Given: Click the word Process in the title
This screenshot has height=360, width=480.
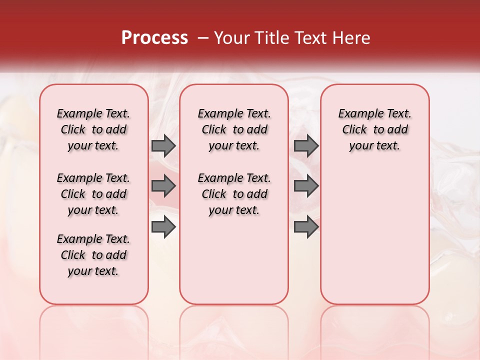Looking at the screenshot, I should tap(154, 38).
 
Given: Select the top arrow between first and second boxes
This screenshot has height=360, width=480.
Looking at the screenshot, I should tap(163, 145).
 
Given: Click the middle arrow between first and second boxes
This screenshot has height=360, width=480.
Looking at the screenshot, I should tap(163, 186).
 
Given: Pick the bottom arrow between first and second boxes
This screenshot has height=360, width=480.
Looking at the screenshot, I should tap(163, 227).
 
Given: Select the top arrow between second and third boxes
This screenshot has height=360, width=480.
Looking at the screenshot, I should tap(306, 145).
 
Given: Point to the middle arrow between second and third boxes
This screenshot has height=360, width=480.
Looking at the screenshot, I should tap(306, 186).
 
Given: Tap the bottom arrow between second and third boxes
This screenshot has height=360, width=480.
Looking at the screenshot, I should tap(306, 227).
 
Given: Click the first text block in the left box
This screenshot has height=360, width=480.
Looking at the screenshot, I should tap(93, 129).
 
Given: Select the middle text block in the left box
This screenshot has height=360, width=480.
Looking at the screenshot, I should tap(93, 194).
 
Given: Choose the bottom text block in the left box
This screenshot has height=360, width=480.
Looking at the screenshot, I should tap(93, 255).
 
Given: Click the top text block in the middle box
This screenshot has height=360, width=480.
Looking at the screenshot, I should tap(234, 129).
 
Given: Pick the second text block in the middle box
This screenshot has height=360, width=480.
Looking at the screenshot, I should tap(234, 194).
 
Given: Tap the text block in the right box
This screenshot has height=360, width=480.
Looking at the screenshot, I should tap(375, 129).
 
